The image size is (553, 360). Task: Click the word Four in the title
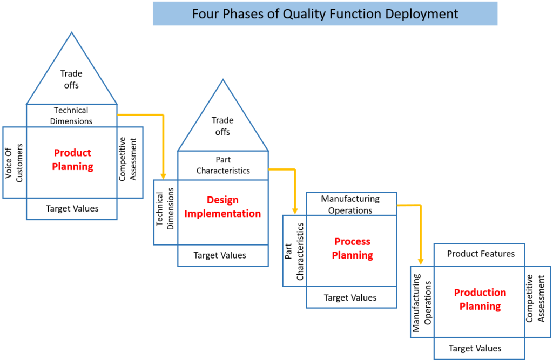click(204, 13)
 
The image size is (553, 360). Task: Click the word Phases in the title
click(240, 13)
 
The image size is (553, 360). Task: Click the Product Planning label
click(73, 160)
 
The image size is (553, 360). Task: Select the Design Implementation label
click(222, 207)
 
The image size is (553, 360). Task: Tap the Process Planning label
click(352, 248)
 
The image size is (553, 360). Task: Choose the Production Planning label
click(480, 300)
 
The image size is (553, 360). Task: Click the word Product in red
click(73, 153)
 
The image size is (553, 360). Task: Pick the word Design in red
click(222, 200)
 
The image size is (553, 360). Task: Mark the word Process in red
click(352, 241)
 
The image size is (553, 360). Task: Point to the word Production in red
click(480, 293)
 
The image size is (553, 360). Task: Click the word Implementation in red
click(222, 214)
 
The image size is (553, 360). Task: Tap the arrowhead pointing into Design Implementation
click(163, 176)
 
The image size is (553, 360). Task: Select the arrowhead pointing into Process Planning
click(295, 211)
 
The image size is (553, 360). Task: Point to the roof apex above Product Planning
click(72, 32)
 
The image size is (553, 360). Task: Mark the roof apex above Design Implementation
click(222, 80)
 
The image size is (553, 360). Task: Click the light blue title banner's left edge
click(153, 13)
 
